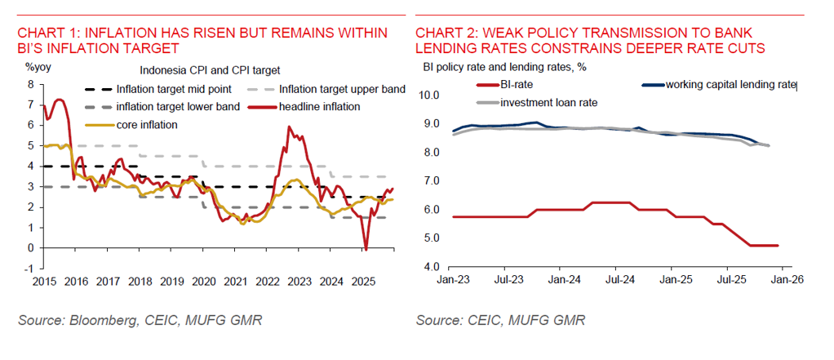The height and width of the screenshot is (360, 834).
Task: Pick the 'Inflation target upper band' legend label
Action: [x=342, y=89]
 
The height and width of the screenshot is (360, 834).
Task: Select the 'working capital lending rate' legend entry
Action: [x=730, y=84]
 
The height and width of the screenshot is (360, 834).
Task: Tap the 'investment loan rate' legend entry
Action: [x=551, y=102]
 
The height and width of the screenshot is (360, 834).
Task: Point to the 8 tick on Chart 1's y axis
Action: [x=30, y=84]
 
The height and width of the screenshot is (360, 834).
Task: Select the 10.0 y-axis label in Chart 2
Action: [x=429, y=96]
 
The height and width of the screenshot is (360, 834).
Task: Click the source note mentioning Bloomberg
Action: [x=140, y=321]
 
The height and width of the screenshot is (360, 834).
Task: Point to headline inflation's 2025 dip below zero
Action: [x=366, y=248]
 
